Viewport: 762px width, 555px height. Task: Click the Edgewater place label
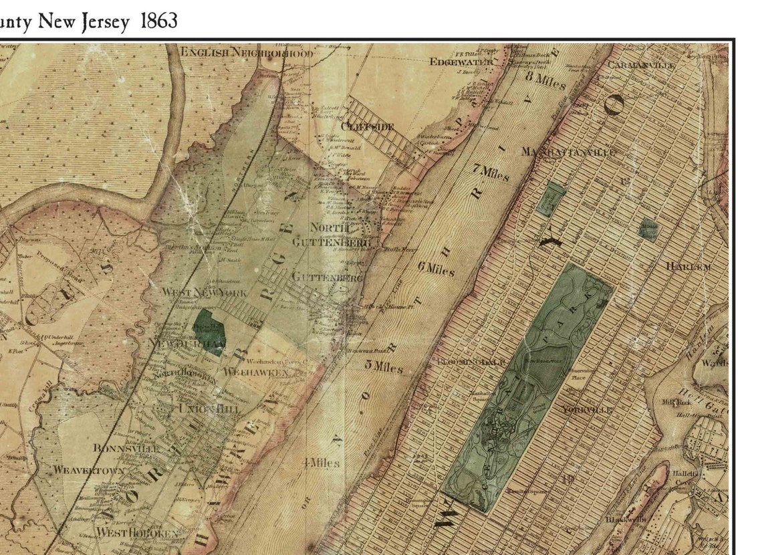(x=461, y=62)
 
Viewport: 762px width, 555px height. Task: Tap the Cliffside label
(x=367, y=126)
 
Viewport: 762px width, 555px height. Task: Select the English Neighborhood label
(x=245, y=52)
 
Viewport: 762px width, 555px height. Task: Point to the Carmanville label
(x=641, y=65)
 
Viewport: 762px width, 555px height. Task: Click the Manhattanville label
(x=568, y=152)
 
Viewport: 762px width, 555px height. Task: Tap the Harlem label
(x=688, y=266)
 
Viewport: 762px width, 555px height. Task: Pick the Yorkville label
(x=588, y=409)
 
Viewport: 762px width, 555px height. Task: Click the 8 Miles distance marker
(x=545, y=80)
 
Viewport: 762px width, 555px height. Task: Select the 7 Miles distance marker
(x=491, y=173)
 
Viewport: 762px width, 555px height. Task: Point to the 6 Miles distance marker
(x=436, y=269)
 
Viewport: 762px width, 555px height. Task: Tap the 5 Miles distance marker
(x=384, y=366)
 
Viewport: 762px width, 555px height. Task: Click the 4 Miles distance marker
(x=321, y=463)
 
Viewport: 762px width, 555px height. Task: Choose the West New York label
(x=205, y=293)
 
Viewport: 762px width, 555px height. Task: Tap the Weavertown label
(x=89, y=470)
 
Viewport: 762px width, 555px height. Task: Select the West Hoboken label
(x=137, y=533)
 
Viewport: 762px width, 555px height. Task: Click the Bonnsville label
(x=126, y=448)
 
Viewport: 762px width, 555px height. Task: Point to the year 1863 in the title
(x=159, y=21)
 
